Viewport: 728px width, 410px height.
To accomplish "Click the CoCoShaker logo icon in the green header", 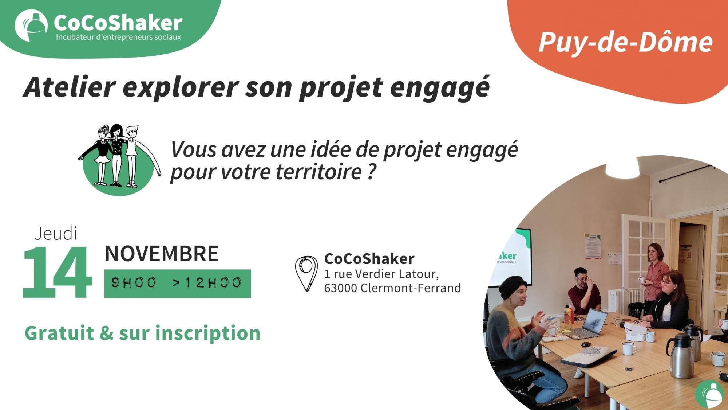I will pos(31,25).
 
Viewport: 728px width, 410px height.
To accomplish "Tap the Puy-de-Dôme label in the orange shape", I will pos(625,42).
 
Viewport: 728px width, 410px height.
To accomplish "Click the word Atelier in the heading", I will pos(70,87).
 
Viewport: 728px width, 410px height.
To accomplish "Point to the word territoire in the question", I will pos(318,172).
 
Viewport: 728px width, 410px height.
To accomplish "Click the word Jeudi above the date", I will pos(56,234).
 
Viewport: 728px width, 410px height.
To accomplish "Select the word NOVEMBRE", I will pos(162,254).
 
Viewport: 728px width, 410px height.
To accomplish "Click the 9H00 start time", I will pos(134,283).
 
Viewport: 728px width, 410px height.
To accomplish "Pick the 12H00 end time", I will pos(213,283).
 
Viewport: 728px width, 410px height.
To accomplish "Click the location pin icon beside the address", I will pos(306,273).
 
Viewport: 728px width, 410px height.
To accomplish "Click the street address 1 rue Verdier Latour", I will pos(381,274).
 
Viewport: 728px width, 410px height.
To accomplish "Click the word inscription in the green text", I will pos(208,333).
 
